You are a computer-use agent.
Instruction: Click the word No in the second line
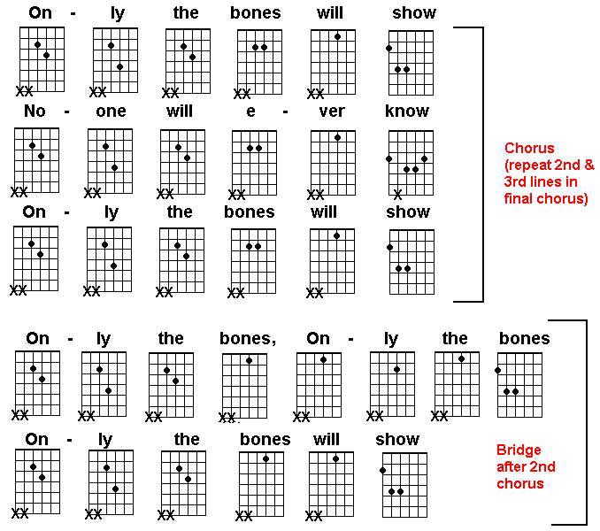[x=35, y=111]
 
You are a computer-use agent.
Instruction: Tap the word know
[x=407, y=111]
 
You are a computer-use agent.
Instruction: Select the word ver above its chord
[x=332, y=112]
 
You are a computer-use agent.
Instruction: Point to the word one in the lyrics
[x=111, y=112]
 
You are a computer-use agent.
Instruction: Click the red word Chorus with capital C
[x=529, y=148]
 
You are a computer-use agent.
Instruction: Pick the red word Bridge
[x=519, y=450]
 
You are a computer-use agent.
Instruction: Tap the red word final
[x=519, y=198]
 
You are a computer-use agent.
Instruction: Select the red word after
[x=511, y=466]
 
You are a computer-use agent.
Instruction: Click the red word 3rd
[x=514, y=181]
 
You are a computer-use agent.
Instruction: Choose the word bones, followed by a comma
[x=248, y=339]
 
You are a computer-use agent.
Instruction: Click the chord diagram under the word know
[x=411, y=163]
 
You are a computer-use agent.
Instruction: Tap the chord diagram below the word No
[x=37, y=160]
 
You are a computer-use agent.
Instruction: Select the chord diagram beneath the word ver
[x=333, y=163]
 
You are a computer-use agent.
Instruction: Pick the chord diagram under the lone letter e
[x=254, y=163]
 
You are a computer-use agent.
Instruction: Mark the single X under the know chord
[x=397, y=195]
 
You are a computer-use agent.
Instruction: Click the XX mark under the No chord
[x=19, y=192]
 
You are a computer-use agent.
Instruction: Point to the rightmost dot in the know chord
[x=425, y=158]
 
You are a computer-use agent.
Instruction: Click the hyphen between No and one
[x=67, y=112]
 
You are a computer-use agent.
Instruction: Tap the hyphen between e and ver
[x=285, y=112]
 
